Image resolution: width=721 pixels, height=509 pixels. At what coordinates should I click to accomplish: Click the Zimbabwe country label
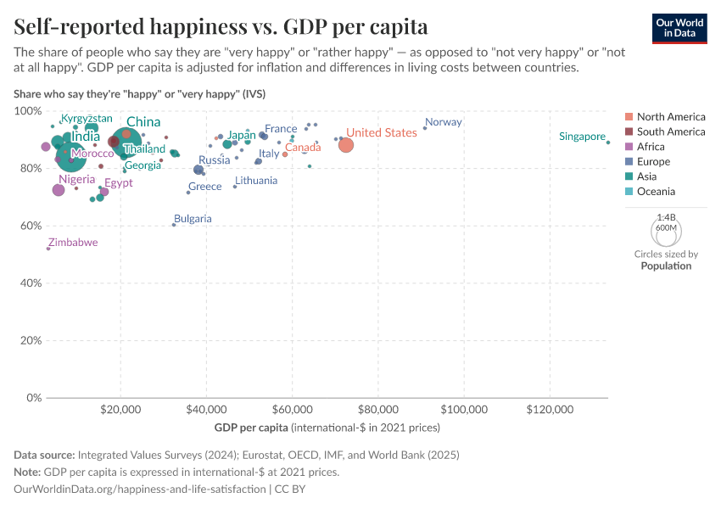pos(72,243)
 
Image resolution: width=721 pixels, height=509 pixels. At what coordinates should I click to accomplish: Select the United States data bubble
pos(345,145)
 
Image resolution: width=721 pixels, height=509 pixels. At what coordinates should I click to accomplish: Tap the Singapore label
pos(583,137)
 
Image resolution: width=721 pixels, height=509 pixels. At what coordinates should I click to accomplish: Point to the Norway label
pos(444,122)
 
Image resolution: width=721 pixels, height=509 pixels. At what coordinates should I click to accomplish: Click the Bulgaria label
pos(193,219)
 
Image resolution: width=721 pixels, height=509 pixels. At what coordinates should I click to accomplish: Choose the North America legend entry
pos(671,116)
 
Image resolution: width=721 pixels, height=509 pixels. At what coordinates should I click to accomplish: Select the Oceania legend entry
pos(657,192)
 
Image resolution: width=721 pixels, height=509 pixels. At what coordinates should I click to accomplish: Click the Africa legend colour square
pos(629,147)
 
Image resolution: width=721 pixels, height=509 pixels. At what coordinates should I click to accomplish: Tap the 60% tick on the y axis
pos(29,226)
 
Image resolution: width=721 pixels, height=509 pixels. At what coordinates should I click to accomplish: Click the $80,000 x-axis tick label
pos(378,411)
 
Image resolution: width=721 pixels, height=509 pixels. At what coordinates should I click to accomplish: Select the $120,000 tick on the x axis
pos(550,411)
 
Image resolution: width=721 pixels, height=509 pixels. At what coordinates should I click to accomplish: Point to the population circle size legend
pos(666,229)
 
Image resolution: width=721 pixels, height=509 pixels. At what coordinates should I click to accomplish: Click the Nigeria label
pos(77,180)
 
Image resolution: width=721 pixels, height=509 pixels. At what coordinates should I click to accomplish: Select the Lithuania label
pos(256,181)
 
